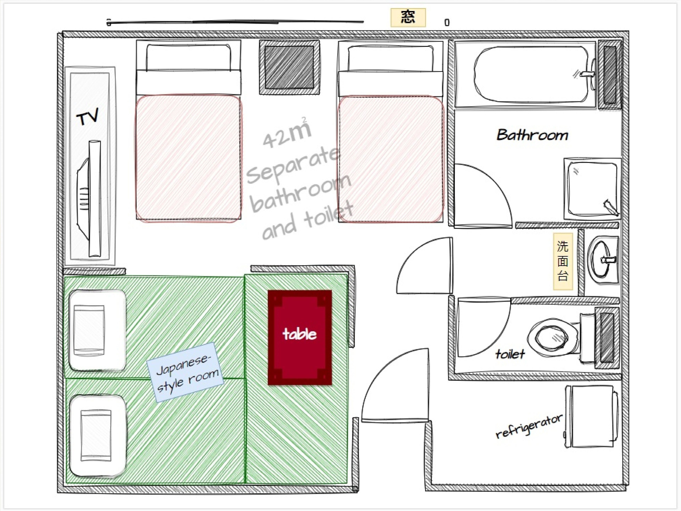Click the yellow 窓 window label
tap(408, 18)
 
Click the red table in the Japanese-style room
tap(300, 337)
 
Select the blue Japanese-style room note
tap(185, 372)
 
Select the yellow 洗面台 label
tap(563, 261)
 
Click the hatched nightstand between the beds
tap(289, 67)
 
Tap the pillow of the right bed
tap(390, 59)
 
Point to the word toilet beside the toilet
tap(510, 354)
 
